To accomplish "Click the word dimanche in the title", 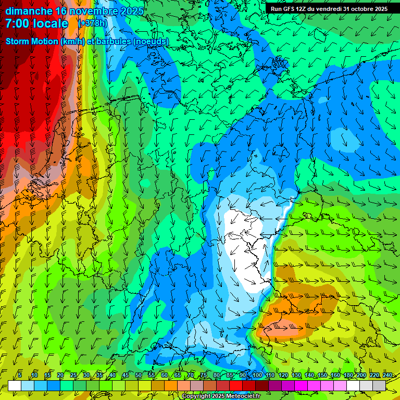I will pyautogui.click(x=29, y=11).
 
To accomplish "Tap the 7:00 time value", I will pyautogui.click(x=17, y=23).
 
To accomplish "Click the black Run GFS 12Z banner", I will pyautogui.click(x=329, y=9).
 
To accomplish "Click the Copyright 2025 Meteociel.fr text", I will pyautogui.click(x=221, y=396).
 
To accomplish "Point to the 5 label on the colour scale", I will pyautogui.click(x=19, y=375).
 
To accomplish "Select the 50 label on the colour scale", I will pyautogui.click(x=139, y=375).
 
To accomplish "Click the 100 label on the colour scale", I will pyautogui.click(x=257, y=375).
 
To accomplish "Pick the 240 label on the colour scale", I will pyautogui.click(x=387, y=375).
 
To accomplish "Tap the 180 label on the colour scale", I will pyautogui.click(x=348, y=375).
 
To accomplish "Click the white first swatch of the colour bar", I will pyautogui.click(x=15, y=385).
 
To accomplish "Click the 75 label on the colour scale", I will pyautogui.click(x=204, y=375).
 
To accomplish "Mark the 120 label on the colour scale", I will pyautogui.click(x=283, y=375).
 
